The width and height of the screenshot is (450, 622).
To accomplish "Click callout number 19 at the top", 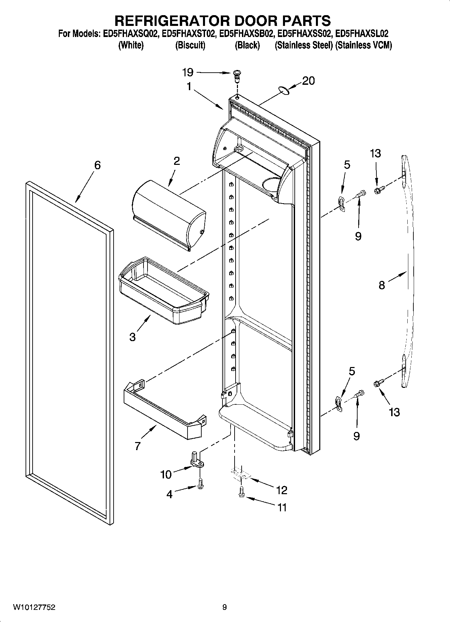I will [188, 72].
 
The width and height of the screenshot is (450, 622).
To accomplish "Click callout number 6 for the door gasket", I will [97, 165].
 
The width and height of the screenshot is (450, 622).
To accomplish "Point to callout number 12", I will [282, 490].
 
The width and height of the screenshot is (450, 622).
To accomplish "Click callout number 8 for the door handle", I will [382, 285].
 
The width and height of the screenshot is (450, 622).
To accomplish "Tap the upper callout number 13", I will [375, 153].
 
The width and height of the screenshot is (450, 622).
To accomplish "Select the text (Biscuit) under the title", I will [190, 45].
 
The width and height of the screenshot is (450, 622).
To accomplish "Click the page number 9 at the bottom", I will [224, 608].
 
